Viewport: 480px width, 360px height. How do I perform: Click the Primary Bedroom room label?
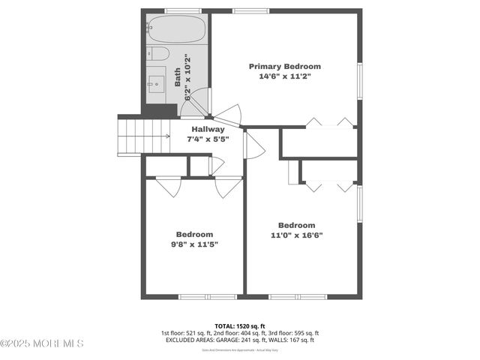(x=284, y=66)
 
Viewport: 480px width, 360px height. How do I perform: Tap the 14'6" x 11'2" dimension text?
(x=284, y=76)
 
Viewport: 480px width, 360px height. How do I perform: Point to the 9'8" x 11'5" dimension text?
(x=194, y=244)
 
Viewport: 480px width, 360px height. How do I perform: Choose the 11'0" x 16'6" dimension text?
(x=296, y=235)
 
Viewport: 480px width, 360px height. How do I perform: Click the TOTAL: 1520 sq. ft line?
(x=240, y=325)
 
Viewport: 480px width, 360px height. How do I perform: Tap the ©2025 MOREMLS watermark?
(x=42, y=343)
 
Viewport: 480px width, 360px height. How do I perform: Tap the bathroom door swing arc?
(x=197, y=103)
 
